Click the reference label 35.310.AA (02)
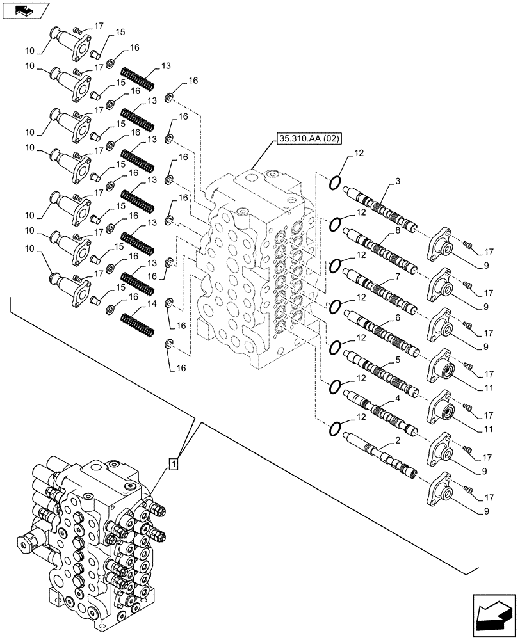coord(309,138)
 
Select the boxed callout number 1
coord(174,462)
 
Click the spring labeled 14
coord(137,322)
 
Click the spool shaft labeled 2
coord(379,456)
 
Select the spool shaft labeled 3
coord(380,209)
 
